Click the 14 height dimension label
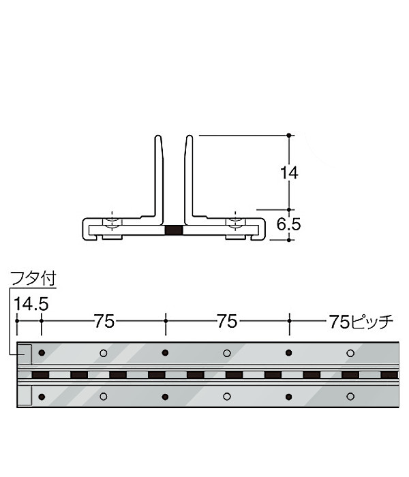(x=289, y=173)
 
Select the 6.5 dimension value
(x=288, y=224)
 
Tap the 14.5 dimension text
(x=31, y=304)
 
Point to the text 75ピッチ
(x=361, y=321)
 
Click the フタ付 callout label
(x=33, y=278)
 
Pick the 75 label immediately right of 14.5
(x=104, y=321)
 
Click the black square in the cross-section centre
(x=174, y=230)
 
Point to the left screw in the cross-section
(x=112, y=224)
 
